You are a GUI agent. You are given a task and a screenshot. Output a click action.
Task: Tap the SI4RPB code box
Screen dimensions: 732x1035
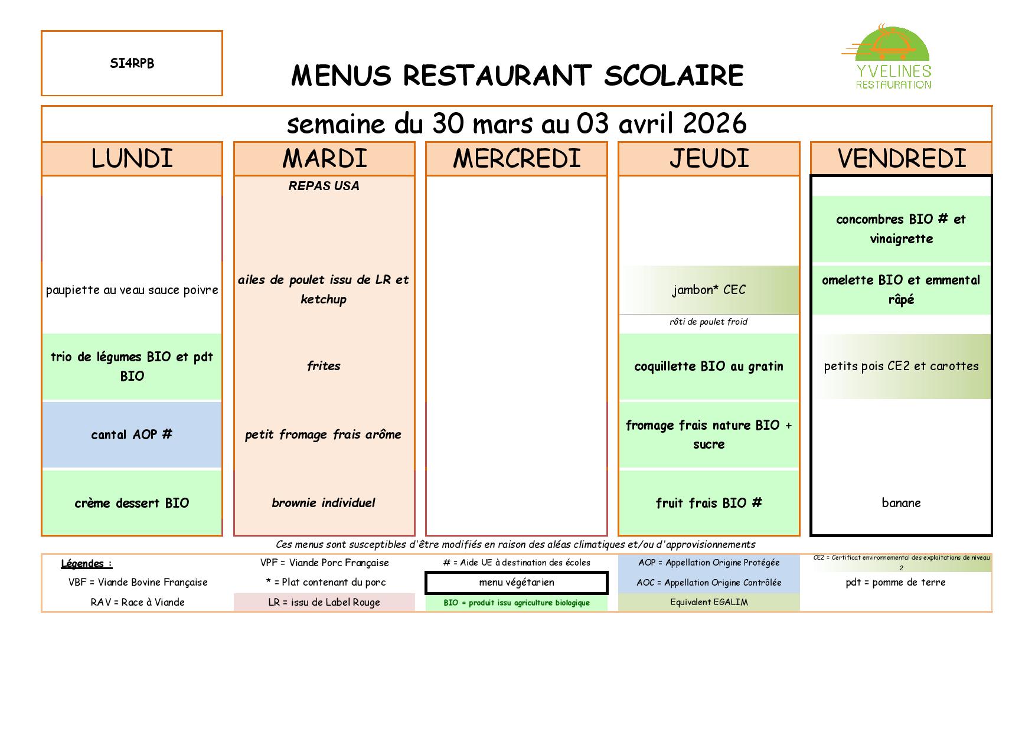[x=132, y=63]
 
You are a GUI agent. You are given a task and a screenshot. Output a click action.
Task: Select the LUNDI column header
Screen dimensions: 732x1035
[x=132, y=158]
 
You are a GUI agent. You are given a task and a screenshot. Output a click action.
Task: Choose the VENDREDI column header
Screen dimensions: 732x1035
[x=901, y=158]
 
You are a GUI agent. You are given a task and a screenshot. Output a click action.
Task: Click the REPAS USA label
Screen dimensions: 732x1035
[x=324, y=186]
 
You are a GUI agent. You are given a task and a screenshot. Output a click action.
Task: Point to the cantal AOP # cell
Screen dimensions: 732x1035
[x=132, y=434]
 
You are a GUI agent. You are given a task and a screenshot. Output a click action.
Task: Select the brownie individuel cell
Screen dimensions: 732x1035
[x=324, y=503]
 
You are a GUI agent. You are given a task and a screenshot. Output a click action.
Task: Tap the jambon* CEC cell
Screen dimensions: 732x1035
[x=708, y=290]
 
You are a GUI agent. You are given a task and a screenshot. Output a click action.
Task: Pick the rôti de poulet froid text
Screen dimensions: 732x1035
[x=708, y=322]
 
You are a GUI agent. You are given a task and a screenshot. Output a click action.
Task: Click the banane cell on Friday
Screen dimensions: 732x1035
[x=901, y=503]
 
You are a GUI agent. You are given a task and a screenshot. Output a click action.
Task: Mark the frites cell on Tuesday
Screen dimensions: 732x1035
[x=324, y=366]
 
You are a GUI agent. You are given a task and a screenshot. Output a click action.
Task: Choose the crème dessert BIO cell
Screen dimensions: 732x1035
[x=132, y=503]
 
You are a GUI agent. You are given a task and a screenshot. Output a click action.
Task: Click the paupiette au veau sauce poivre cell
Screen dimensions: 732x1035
[x=132, y=290]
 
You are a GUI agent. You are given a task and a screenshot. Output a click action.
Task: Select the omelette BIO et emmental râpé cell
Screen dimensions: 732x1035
[x=901, y=289]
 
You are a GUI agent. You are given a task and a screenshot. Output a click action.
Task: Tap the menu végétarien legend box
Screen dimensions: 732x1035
[x=516, y=583]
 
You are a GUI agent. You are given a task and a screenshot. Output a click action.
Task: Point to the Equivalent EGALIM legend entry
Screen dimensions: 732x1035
[x=708, y=602]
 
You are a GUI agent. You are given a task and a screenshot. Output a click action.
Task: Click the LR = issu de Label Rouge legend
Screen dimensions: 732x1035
[x=324, y=602]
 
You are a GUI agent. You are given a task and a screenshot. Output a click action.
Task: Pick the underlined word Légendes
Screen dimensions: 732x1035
[x=86, y=563]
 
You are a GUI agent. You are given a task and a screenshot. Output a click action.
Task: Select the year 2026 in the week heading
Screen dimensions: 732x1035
[x=714, y=123]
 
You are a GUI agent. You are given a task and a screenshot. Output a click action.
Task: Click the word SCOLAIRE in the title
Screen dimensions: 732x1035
[x=674, y=76]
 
